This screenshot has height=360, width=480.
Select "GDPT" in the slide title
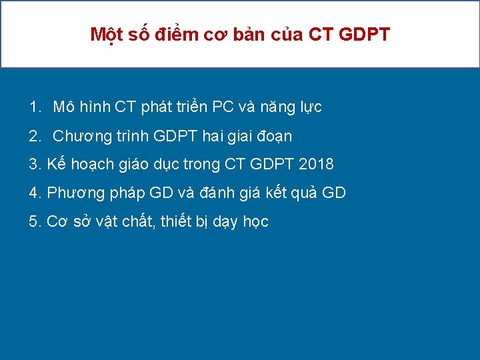pos(365,35)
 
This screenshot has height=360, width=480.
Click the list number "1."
pos(35,107)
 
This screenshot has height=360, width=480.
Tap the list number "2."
pos(35,136)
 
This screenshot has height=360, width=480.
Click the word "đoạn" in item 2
pos(273,136)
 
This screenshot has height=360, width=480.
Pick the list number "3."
pos(35,164)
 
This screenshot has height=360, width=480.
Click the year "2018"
pos(315,164)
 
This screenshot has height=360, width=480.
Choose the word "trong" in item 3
pos(201,164)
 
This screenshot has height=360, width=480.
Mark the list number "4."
pos(35,193)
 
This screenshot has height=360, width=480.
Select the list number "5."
pos(35,222)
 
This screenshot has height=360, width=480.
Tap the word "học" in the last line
pos(255,222)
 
